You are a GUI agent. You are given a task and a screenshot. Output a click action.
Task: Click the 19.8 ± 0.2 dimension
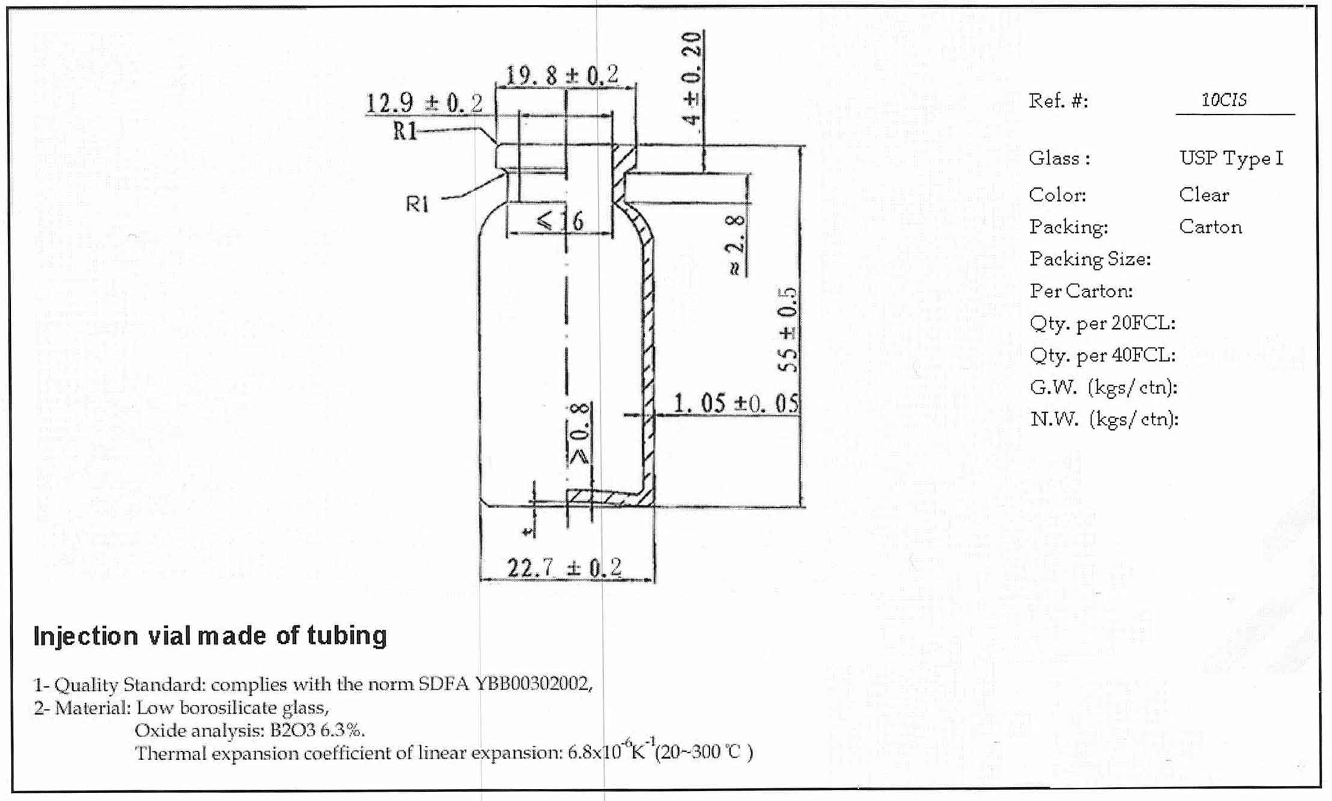[562, 76]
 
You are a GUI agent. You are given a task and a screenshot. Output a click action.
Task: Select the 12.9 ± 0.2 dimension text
[424, 103]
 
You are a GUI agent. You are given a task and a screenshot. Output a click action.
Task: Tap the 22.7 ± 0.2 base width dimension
[564, 567]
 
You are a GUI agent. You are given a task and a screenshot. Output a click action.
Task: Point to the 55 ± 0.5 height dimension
[788, 330]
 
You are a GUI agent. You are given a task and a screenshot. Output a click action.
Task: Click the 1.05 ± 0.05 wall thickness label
[735, 403]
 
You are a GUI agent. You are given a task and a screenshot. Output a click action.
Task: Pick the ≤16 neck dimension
[560, 221]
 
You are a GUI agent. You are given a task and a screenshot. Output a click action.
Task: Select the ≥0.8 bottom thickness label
[579, 434]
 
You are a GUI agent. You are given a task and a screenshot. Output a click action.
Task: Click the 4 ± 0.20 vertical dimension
[692, 78]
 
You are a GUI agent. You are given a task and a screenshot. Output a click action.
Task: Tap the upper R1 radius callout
[405, 130]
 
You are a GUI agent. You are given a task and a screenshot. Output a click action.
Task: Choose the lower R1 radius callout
[417, 204]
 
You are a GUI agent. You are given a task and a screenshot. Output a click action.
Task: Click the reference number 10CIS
[1224, 100]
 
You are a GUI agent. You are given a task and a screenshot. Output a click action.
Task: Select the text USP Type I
[1231, 158]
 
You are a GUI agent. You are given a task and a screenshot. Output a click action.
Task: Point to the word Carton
[1210, 227]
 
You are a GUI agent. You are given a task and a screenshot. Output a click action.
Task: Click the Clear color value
[1204, 195]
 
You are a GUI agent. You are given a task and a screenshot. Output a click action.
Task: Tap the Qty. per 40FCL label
[1102, 355]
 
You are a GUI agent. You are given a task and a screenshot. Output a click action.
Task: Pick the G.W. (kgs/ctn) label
[1103, 387]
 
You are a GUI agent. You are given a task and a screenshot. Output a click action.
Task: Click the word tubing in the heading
[347, 636]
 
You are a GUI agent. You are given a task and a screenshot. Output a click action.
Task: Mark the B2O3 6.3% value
[317, 730]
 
